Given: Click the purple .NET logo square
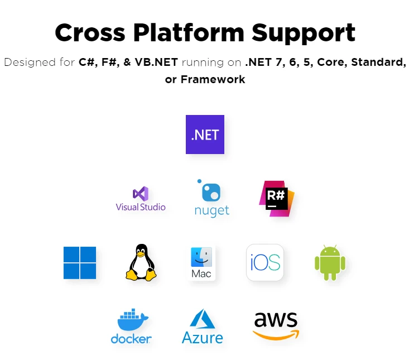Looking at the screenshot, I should tap(205, 135).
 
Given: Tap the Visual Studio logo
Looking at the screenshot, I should tap(141, 199).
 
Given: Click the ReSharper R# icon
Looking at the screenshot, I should tap(276, 199).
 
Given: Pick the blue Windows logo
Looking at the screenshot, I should tap(80, 263).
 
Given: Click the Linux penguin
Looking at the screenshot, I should tap(141, 262).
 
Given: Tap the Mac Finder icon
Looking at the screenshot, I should tap(201, 263).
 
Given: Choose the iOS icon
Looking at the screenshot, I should tap(265, 262).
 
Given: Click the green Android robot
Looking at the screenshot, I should tap(330, 262).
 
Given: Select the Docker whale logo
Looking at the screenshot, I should tap(132, 327).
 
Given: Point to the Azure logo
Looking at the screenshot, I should tap(202, 327).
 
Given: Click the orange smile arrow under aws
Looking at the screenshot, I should tap(276, 335).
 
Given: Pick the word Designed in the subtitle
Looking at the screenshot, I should tap(27, 62).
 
